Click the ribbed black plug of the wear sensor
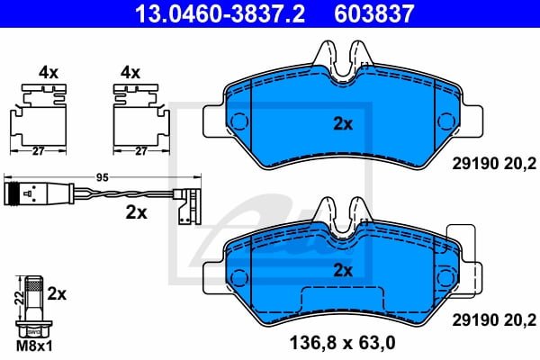pyautogui.click(x=19, y=191)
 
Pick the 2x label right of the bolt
pyautogui.click(x=56, y=293)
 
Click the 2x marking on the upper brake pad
pyautogui.click(x=343, y=125)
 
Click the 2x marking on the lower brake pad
pyautogui.click(x=343, y=269)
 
